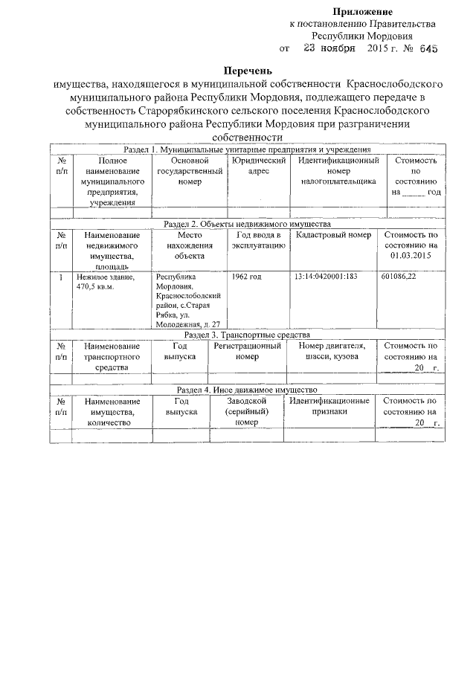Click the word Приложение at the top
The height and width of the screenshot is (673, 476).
[x=362, y=11]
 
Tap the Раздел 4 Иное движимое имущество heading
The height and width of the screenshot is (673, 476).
[x=245, y=390]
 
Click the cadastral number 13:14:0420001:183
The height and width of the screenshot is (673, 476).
[x=326, y=277]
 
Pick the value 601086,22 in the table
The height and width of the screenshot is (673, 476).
[x=398, y=277]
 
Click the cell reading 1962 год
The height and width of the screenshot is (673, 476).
[x=247, y=277]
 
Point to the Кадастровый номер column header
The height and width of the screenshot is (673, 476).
[x=332, y=235]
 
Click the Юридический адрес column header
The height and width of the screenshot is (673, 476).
[x=257, y=166]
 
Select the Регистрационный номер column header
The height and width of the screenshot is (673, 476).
[x=247, y=351]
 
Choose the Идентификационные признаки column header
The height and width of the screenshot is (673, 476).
[x=329, y=406]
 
